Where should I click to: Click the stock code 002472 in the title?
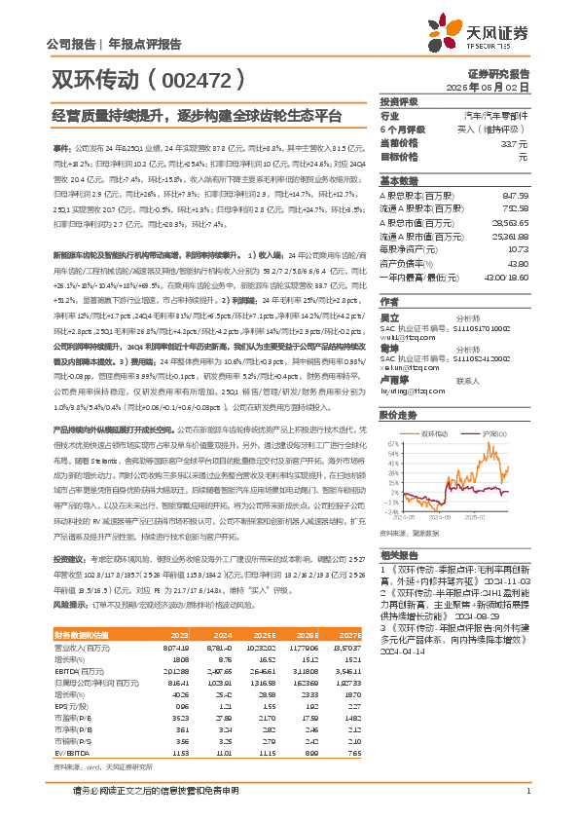click(194, 75)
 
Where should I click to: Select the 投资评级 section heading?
click(398, 102)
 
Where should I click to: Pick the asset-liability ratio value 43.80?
click(518, 263)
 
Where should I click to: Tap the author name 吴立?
click(389, 317)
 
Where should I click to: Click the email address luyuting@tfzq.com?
click(412, 391)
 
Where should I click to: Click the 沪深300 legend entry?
click(493, 431)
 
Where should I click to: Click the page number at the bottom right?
click(527, 791)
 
